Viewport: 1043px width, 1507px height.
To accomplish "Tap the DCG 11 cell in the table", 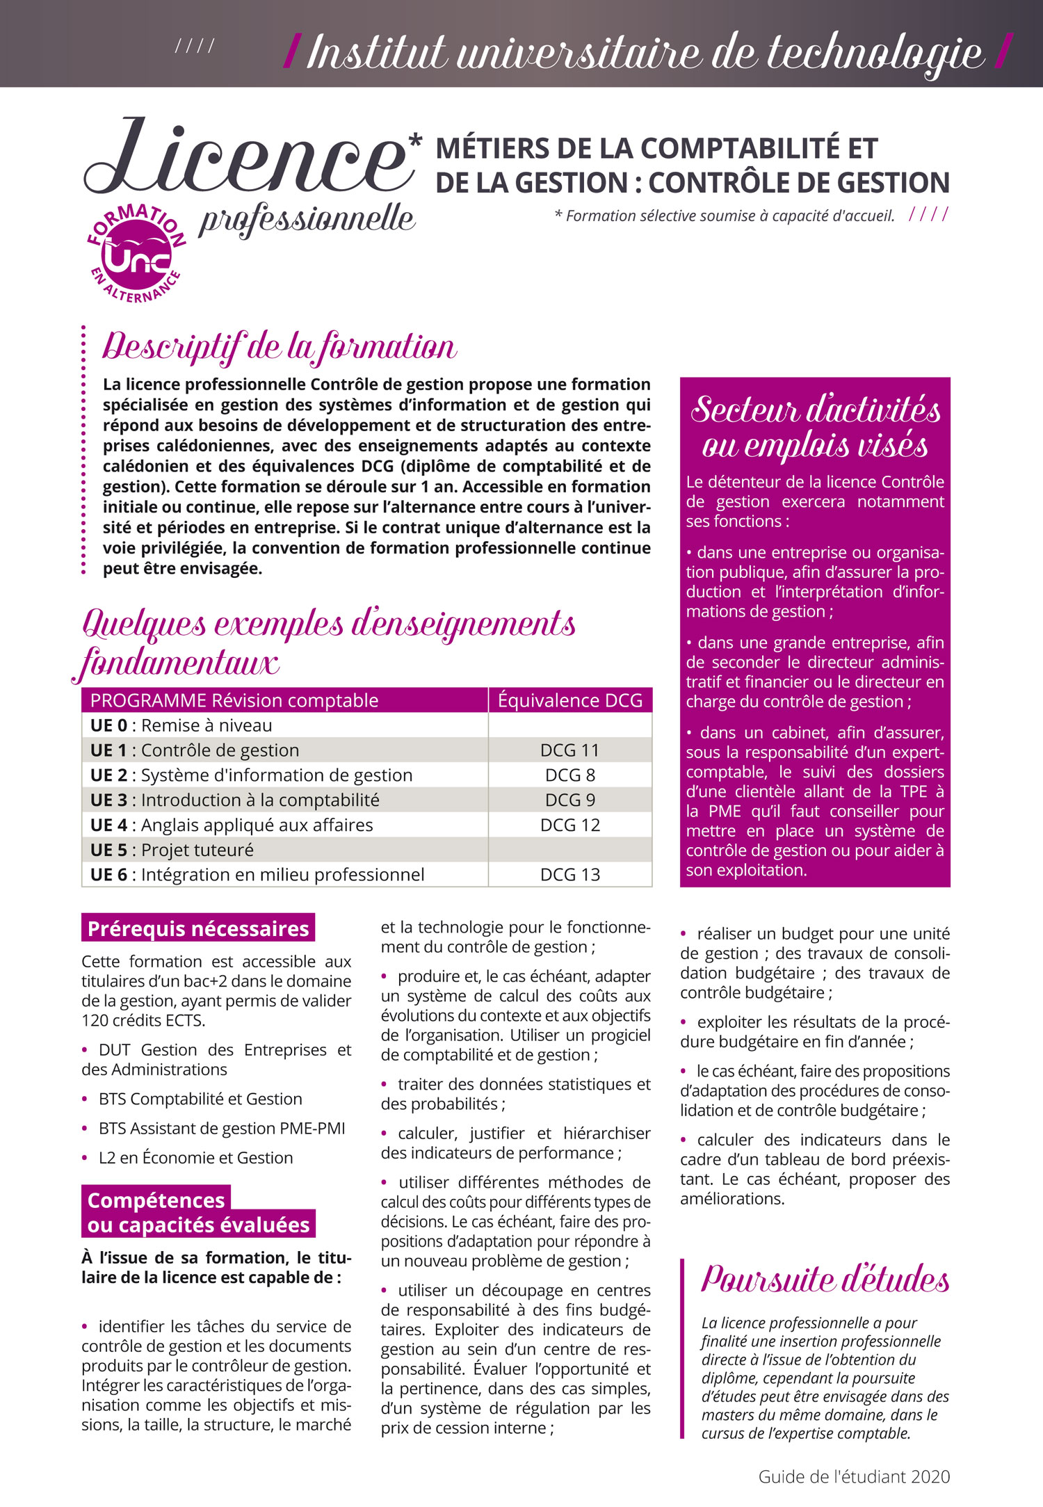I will (x=569, y=750).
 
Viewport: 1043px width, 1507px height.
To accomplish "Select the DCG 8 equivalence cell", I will (x=569, y=775).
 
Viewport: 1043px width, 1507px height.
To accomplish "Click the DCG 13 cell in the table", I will (x=569, y=875).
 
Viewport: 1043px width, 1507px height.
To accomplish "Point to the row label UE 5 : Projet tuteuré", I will (x=172, y=850).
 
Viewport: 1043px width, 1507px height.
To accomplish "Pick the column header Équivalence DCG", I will (x=570, y=700).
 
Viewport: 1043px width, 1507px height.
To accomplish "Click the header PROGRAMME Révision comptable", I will (x=234, y=700).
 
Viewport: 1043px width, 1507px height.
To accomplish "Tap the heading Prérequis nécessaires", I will (x=197, y=928).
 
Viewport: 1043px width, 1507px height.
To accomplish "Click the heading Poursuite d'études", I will (x=825, y=1278).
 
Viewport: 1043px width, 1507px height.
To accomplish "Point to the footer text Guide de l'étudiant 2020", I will (x=854, y=1476).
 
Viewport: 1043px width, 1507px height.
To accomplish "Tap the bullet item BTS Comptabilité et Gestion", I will (x=200, y=1099).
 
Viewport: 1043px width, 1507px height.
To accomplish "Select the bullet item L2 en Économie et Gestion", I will (x=195, y=1158).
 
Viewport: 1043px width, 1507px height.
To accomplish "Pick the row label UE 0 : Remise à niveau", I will (x=181, y=725).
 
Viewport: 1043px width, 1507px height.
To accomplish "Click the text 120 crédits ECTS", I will (x=143, y=1020).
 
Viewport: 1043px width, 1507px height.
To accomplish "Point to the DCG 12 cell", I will (x=569, y=825).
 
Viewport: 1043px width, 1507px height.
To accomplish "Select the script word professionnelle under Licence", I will (x=307, y=220).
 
